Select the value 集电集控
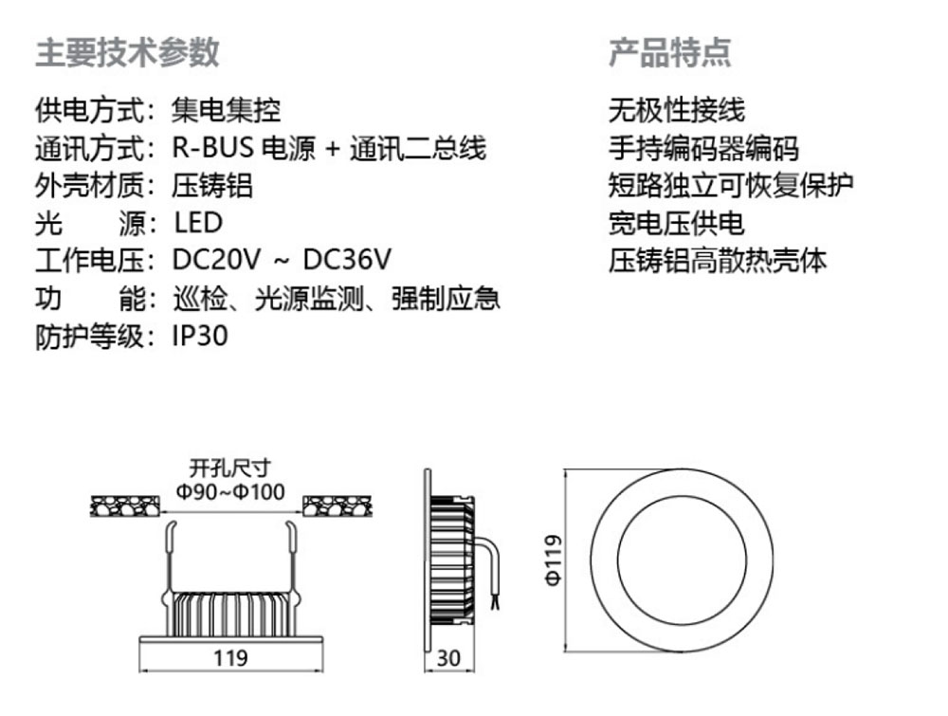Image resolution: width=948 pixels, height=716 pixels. coord(227,110)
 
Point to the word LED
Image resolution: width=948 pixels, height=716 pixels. coord(198,223)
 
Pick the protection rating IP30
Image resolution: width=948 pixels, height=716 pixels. coord(200,337)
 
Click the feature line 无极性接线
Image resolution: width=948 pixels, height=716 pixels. coord(676,110)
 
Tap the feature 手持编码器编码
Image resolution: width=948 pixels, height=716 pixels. coord(703,148)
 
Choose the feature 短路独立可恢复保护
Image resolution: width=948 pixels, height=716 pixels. coord(731,185)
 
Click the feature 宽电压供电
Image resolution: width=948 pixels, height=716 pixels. coord(676,223)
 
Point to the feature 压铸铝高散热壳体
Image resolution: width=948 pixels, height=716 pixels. coord(718,261)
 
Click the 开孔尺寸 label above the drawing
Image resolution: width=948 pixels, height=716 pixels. coord(230,467)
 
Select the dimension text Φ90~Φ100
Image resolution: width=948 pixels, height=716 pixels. coord(230,490)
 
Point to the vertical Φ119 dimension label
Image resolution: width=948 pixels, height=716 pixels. coord(555,560)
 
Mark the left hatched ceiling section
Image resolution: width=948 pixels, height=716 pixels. coord(125,507)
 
